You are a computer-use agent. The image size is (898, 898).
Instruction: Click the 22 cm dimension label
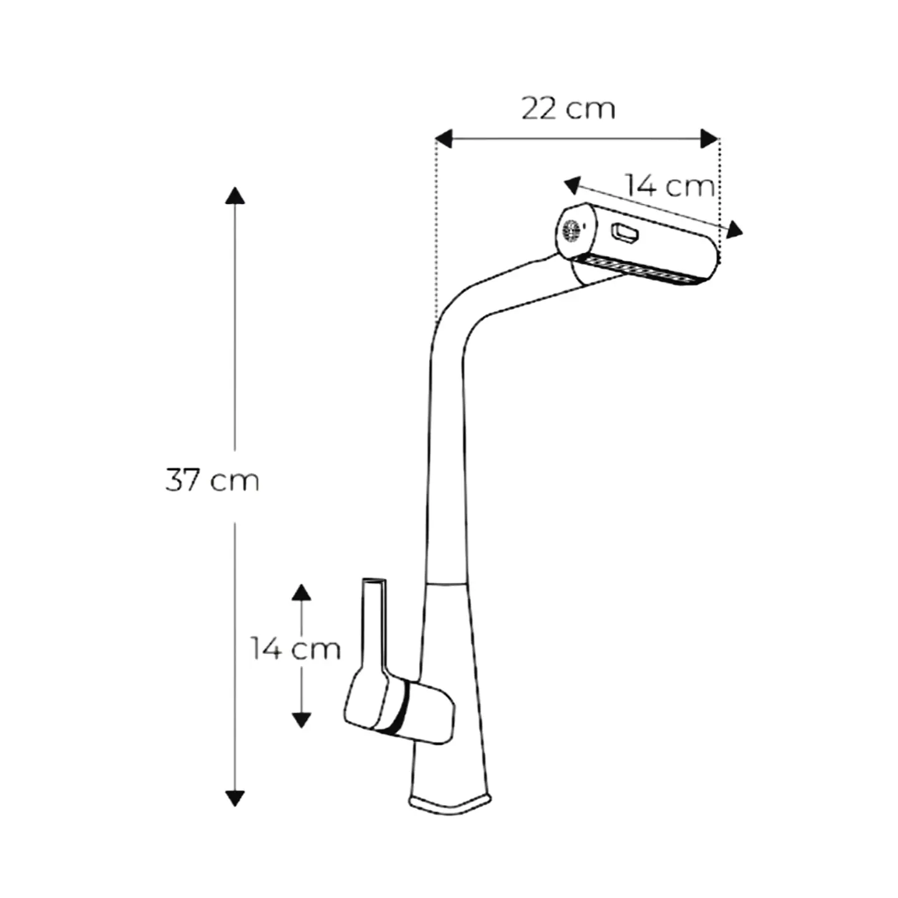(568, 109)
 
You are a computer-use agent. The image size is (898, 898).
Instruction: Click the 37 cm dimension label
(212, 480)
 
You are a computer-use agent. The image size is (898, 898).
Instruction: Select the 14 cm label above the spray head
(670, 185)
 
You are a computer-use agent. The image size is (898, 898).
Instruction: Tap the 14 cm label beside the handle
(296, 648)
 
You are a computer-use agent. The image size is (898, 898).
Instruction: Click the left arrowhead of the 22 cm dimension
(443, 139)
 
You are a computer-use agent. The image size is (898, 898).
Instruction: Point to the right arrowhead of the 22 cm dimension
(710, 139)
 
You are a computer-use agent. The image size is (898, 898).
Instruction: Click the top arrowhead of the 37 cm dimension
(235, 196)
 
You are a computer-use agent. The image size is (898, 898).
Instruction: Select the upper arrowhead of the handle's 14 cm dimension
(301, 592)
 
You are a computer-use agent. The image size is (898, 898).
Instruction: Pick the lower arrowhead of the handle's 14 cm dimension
(301, 720)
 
